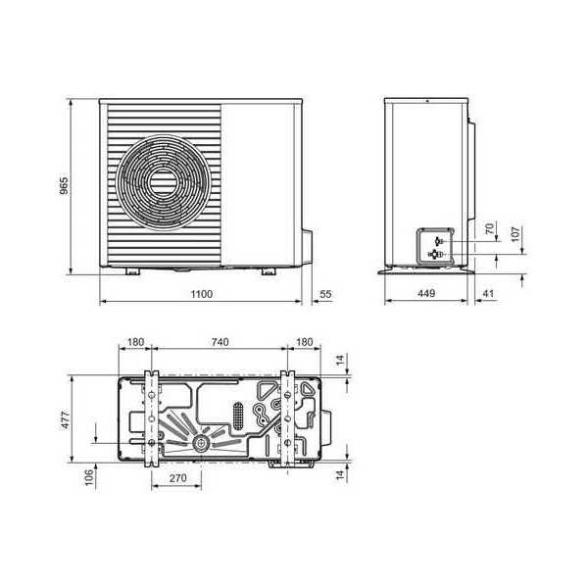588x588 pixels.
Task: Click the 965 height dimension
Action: pos(65,186)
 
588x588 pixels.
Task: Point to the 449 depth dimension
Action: pos(425,293)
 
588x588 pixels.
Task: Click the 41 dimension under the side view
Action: pos(489,293)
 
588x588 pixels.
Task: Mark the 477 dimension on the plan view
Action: pos(65,419)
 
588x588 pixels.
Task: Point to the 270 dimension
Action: pos(176,480)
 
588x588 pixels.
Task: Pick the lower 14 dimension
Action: pos(339,475)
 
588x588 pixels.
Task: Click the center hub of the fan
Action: pos(160,182)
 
